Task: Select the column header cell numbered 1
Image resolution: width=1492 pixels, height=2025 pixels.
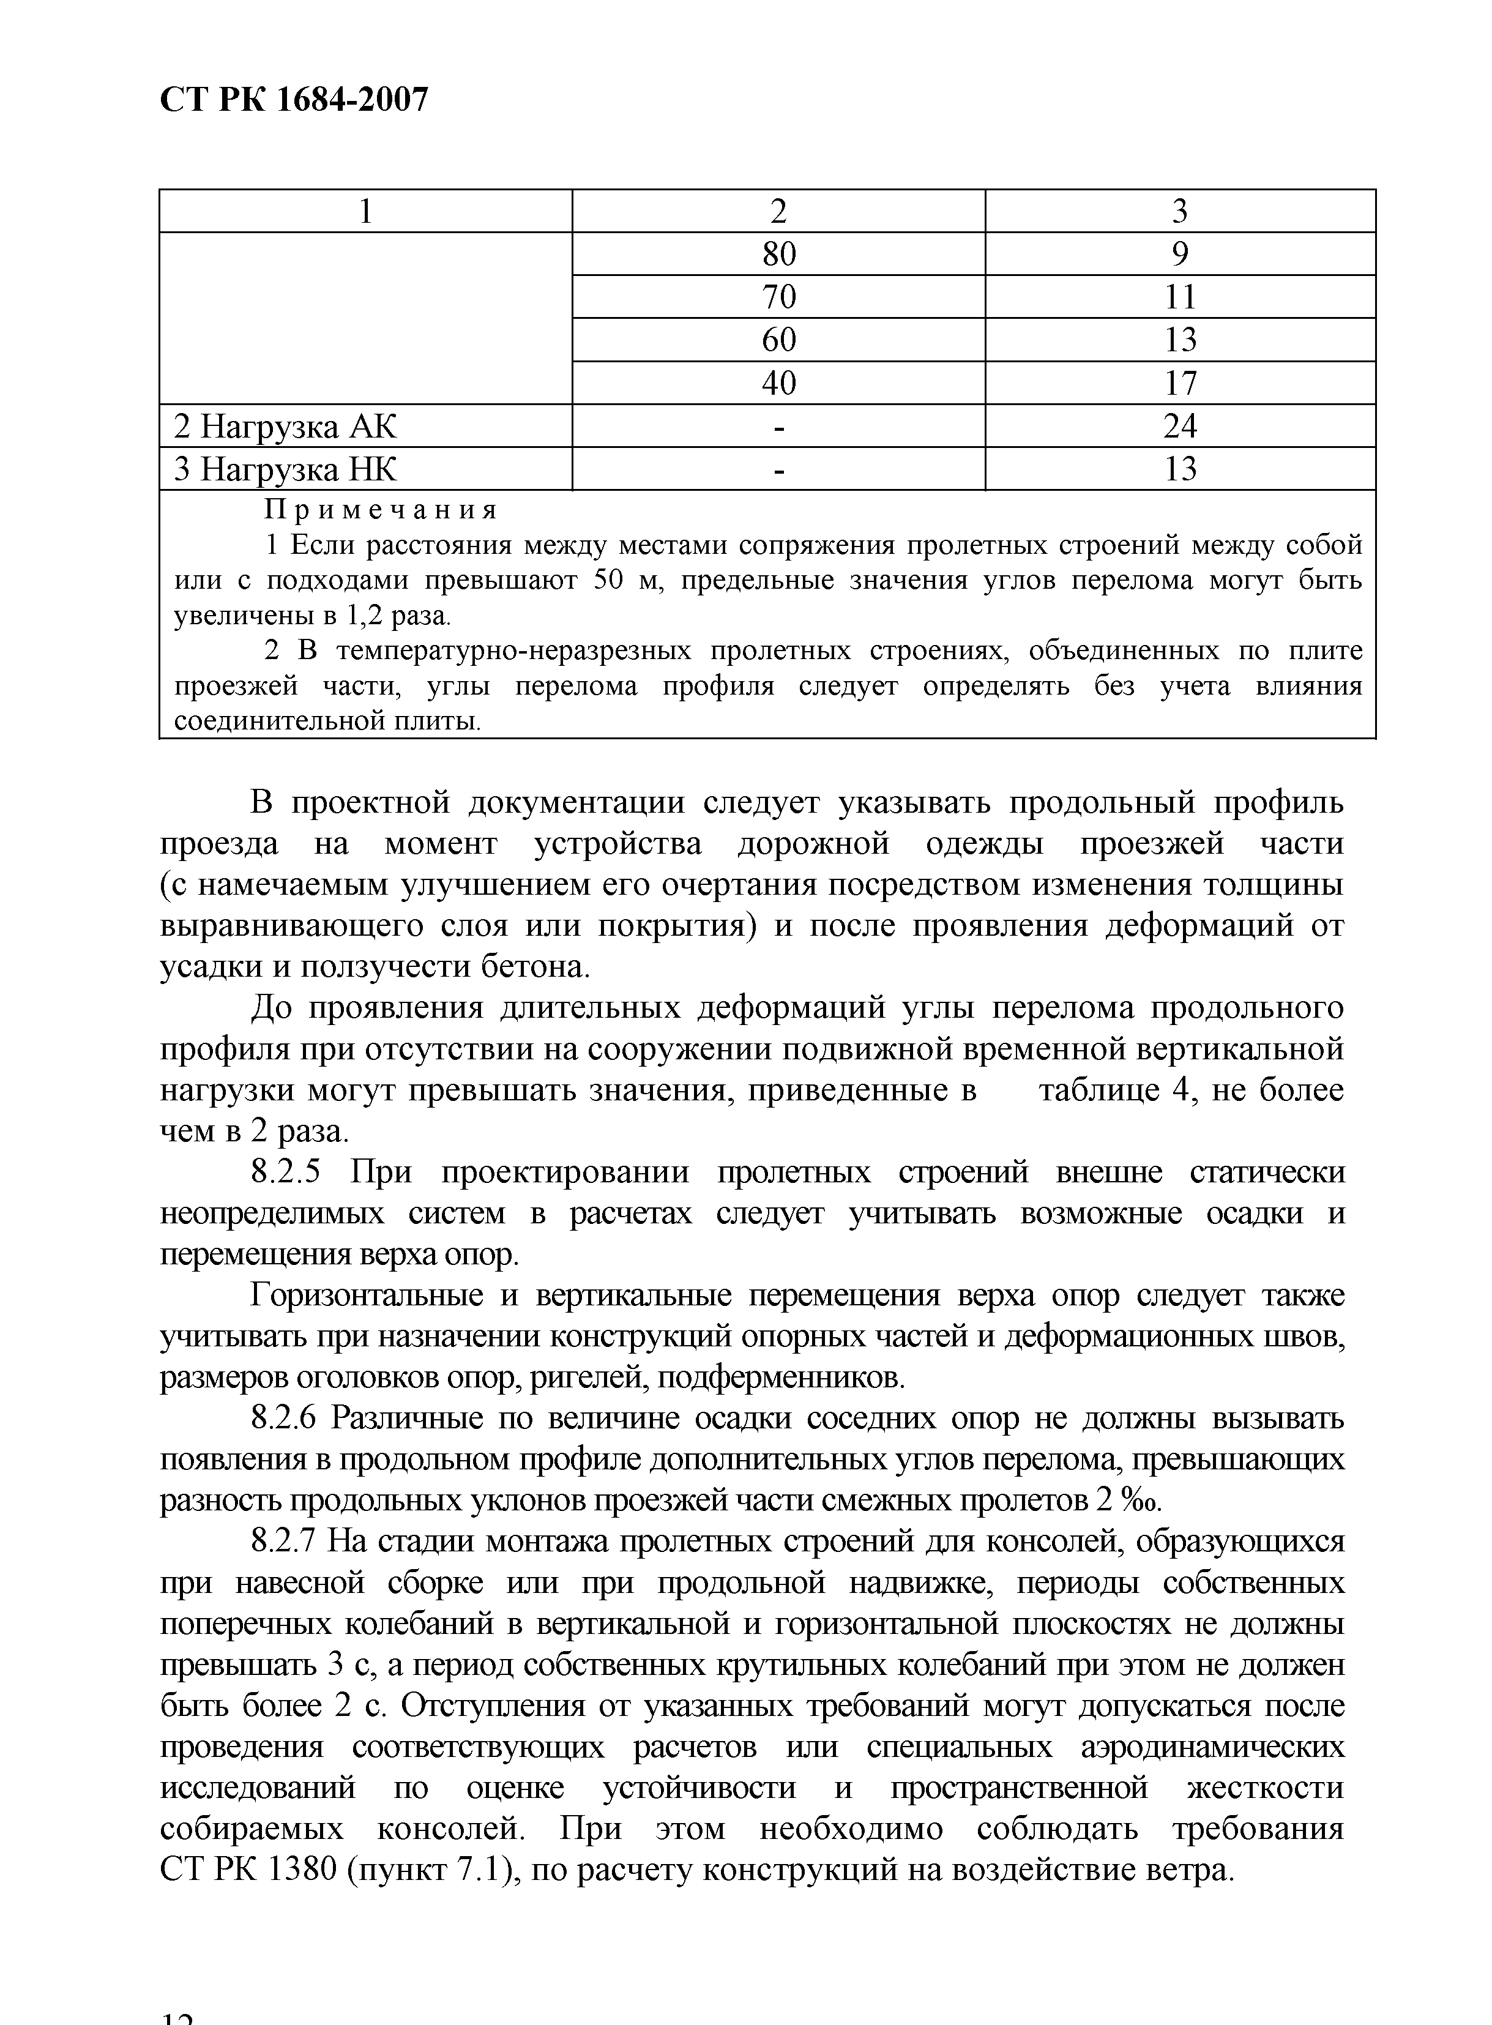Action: pos(366,211)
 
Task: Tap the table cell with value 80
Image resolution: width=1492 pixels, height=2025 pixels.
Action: pos(778,255)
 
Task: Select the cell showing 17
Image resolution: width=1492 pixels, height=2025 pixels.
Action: pos(1179,384)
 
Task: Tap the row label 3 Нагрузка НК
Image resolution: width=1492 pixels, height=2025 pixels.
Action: pos(285,469)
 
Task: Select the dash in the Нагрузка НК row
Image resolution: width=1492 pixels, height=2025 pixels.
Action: pos(778,469)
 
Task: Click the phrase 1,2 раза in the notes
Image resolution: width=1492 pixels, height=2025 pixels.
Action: pos(397,616)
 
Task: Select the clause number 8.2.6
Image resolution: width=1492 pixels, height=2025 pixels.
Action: pos(282,1419)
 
